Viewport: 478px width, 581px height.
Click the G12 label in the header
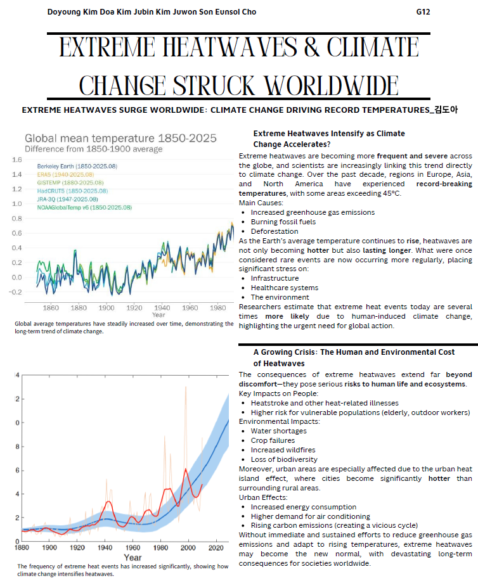(423, 12)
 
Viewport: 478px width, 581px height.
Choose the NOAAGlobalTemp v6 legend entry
(84, 207)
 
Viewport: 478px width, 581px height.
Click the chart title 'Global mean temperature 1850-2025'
(120, 138)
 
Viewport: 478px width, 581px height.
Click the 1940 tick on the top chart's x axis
(162, 307)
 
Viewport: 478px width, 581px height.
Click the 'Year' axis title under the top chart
(159, 316)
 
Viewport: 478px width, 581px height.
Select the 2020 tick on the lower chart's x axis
(215, 547)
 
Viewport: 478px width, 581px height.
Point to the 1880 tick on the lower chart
(22, 547)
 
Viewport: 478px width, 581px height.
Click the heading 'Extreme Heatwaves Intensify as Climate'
(328, 134)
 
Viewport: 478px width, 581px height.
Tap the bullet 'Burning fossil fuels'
(283, 222)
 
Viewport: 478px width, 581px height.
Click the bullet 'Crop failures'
(273, 440)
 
